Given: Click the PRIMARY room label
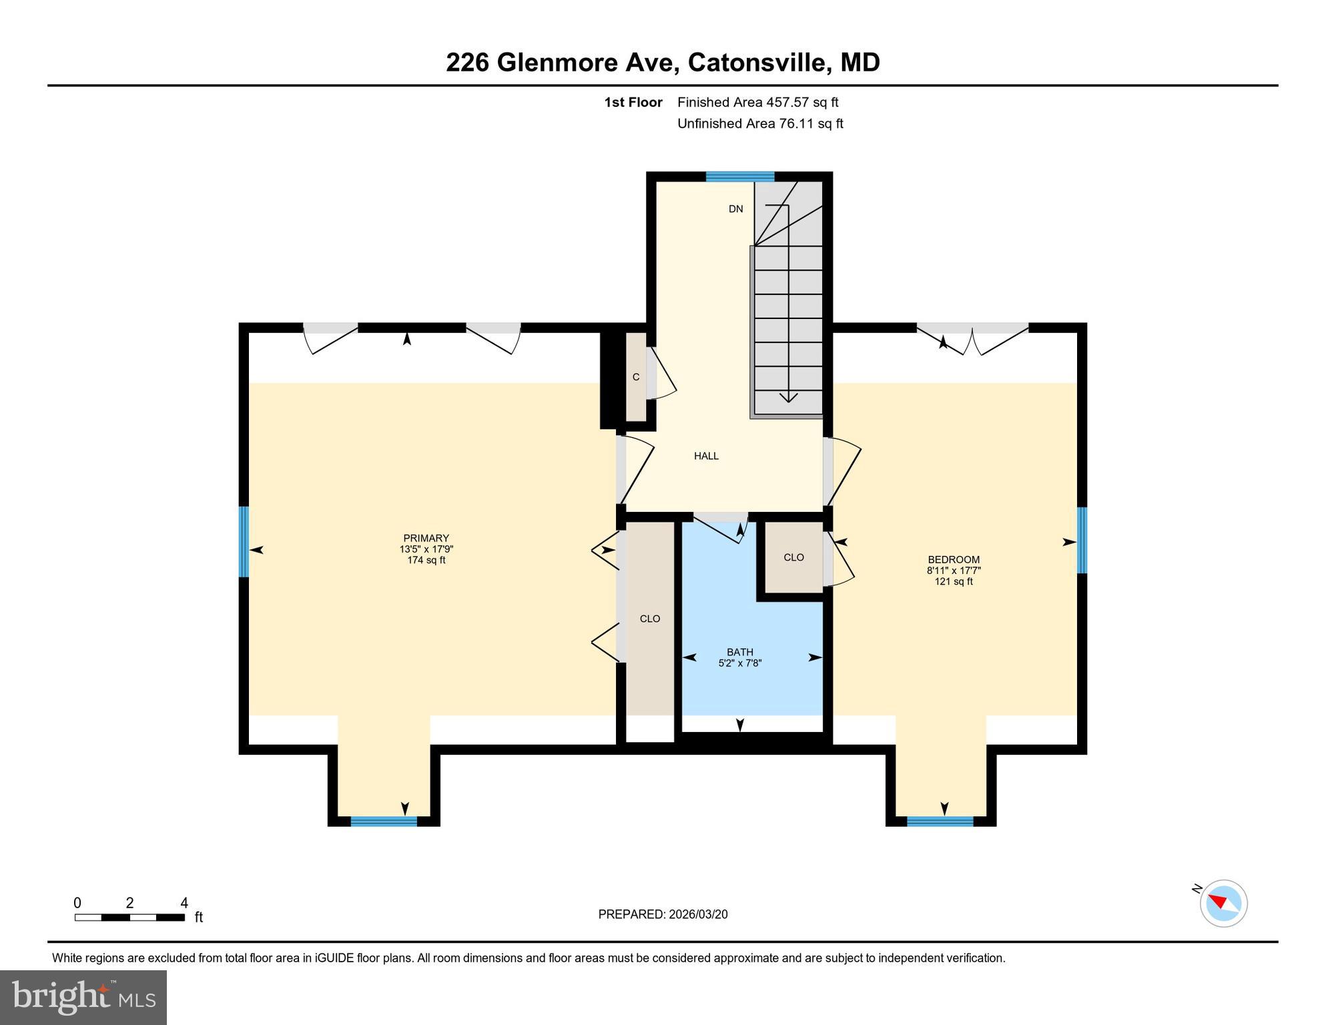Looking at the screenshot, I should pos(426,539).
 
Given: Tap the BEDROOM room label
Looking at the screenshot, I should pos(953,560).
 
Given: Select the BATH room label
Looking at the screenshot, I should pos(739,652).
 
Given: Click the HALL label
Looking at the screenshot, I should pos(705,456).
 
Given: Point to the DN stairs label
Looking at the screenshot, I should pos(735,209).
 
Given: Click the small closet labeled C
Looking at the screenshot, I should pos(636,377).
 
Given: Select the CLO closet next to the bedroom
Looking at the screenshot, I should pos(793,557).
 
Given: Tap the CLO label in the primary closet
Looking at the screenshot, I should pos(649,619).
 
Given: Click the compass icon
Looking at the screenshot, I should pos(1223,903).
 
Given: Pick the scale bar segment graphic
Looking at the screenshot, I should pos(129,918).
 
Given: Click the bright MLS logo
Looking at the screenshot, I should pos(83,997).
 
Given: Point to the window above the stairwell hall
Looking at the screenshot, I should pos(739,177).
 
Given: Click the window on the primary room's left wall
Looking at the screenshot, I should pos(244,541).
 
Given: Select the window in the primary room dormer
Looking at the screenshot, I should pos(383,821).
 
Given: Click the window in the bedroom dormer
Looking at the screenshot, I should pos(940,821).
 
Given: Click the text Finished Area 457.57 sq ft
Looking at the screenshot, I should pos(757,102).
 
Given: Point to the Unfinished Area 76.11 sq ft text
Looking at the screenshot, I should pos(760,123).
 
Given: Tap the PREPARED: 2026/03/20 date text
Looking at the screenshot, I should pos(663,914).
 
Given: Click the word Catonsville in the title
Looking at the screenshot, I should pos(759,62).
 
